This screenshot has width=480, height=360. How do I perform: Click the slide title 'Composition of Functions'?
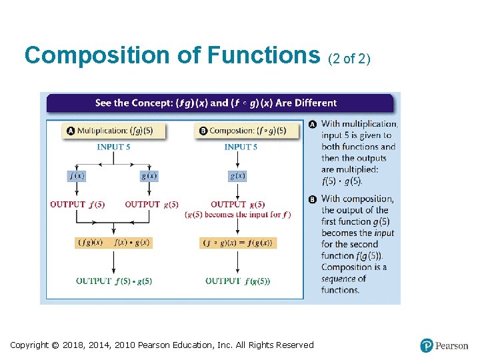pyautogui.click(x=172, y=55)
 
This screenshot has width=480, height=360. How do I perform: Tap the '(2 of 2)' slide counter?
pyautogui.click(x=349, y=59)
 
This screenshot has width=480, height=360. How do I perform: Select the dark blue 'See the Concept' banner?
pyautogui.click(x=219, y=103)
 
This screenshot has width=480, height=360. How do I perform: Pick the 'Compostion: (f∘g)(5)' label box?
pyautogui.click(x=243, y=131)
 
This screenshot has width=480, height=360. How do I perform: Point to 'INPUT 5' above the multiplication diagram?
pyautogui.click(x=113, y=147)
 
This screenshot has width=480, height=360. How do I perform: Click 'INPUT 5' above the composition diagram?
pyautogui.click(x=241, y=147)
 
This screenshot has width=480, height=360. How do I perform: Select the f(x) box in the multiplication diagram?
pyautogui.click(x=77, y=176)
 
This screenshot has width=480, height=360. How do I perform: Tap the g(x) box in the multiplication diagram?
pyautogui.click(x=149, y=176)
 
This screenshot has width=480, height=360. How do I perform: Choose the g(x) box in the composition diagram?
pyautogui.click(x=237, y=176)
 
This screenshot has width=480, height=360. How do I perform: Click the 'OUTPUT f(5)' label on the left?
pyautogui.click(x=77, y=205)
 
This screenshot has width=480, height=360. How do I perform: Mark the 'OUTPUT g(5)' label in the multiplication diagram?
pyautogui.click(x=151, y=205)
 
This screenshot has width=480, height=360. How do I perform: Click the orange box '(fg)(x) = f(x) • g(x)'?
pyautogui.click(x=113, y=243)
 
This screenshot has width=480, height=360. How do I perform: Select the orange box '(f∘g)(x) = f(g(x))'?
pyautogui.click(x=238, y=243)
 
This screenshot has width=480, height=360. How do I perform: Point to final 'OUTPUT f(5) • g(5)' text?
pyautogui.click(x=114, y=281)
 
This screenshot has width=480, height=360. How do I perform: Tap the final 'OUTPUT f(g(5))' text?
pyautogui.click(x=238, y=281)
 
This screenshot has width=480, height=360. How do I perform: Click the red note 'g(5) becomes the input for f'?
pyautogui.click(x=237, y=215)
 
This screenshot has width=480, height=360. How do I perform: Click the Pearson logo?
pyautogui.click(x=444, y=345)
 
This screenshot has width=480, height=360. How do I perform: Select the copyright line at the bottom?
pyautogui.click(x=162, y=345)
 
